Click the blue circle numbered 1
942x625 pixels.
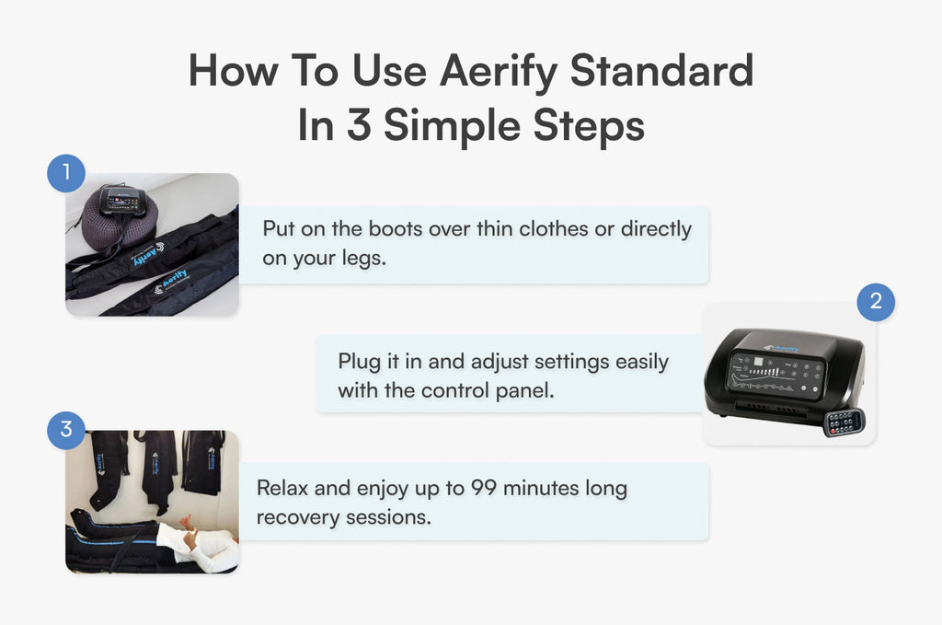pyautogui.click(x=66, y=173)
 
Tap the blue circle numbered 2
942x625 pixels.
pyautogui.click(x=876, y=302)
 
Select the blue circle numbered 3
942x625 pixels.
pyautogui.click(x=66, y=430)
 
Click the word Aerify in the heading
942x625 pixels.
pyautogui.click(x=499, y=72)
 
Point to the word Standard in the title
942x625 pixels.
pyautogui.click(x=661, y=70)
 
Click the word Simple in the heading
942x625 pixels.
pyautogui.click(x=452, y=125)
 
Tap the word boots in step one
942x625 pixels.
pyautogui.click(x=396, y=228)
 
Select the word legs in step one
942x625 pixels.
pyautogui.click(x=363, y=259)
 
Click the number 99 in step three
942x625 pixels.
pyautogui.click(x=484, y=488)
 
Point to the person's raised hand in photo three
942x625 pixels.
pyautogui.click(x=188, y=523)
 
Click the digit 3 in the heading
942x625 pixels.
pyautogui.click(x=359, y=125)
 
